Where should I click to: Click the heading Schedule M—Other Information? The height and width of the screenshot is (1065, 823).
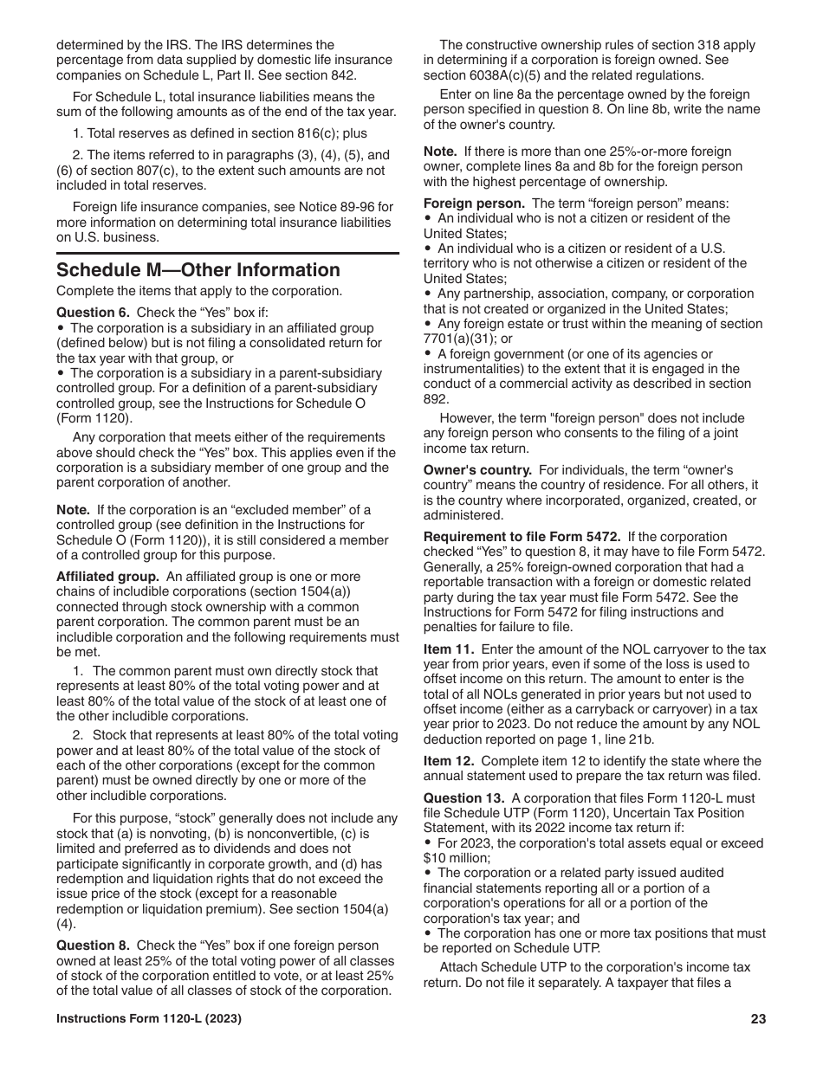(x=198, y=270)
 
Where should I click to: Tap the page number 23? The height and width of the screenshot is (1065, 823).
(x=758, y=1019)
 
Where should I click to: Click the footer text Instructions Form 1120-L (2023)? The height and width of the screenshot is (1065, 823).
(x=149, y=1019)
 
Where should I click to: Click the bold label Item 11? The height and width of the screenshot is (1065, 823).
(x=448, y=649)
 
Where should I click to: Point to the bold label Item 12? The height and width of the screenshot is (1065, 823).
(x=448, y=761)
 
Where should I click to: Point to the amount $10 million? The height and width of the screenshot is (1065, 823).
(x=457, y=858)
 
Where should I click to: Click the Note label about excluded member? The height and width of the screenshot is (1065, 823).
(x=73, y=509)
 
